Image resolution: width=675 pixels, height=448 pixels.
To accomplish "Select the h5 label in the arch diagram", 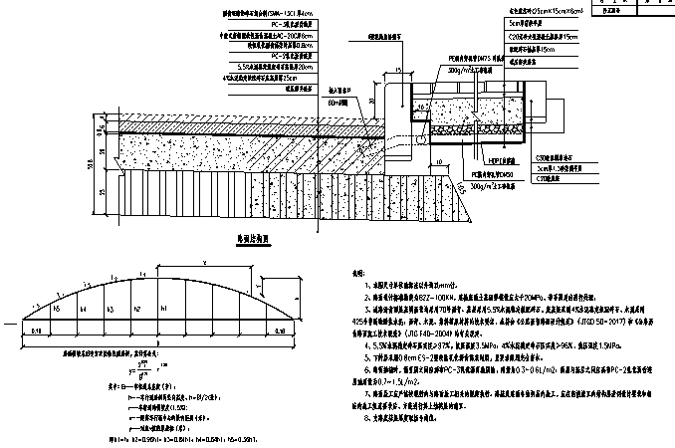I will click(57, 311).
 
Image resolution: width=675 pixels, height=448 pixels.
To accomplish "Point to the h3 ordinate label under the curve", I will click(110, 309).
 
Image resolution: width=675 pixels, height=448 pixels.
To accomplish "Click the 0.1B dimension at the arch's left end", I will click(35, 327).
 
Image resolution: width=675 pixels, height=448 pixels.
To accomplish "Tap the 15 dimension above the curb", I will click(398, 73).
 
